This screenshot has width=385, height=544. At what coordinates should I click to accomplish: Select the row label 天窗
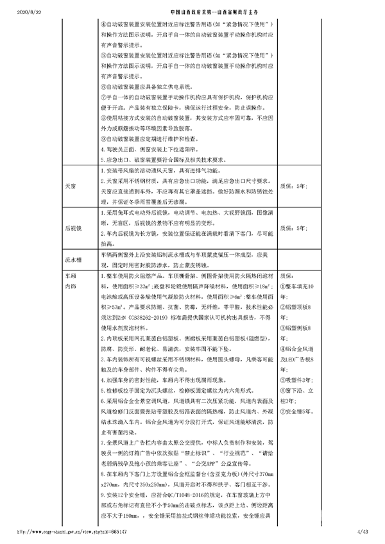[71, 186]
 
